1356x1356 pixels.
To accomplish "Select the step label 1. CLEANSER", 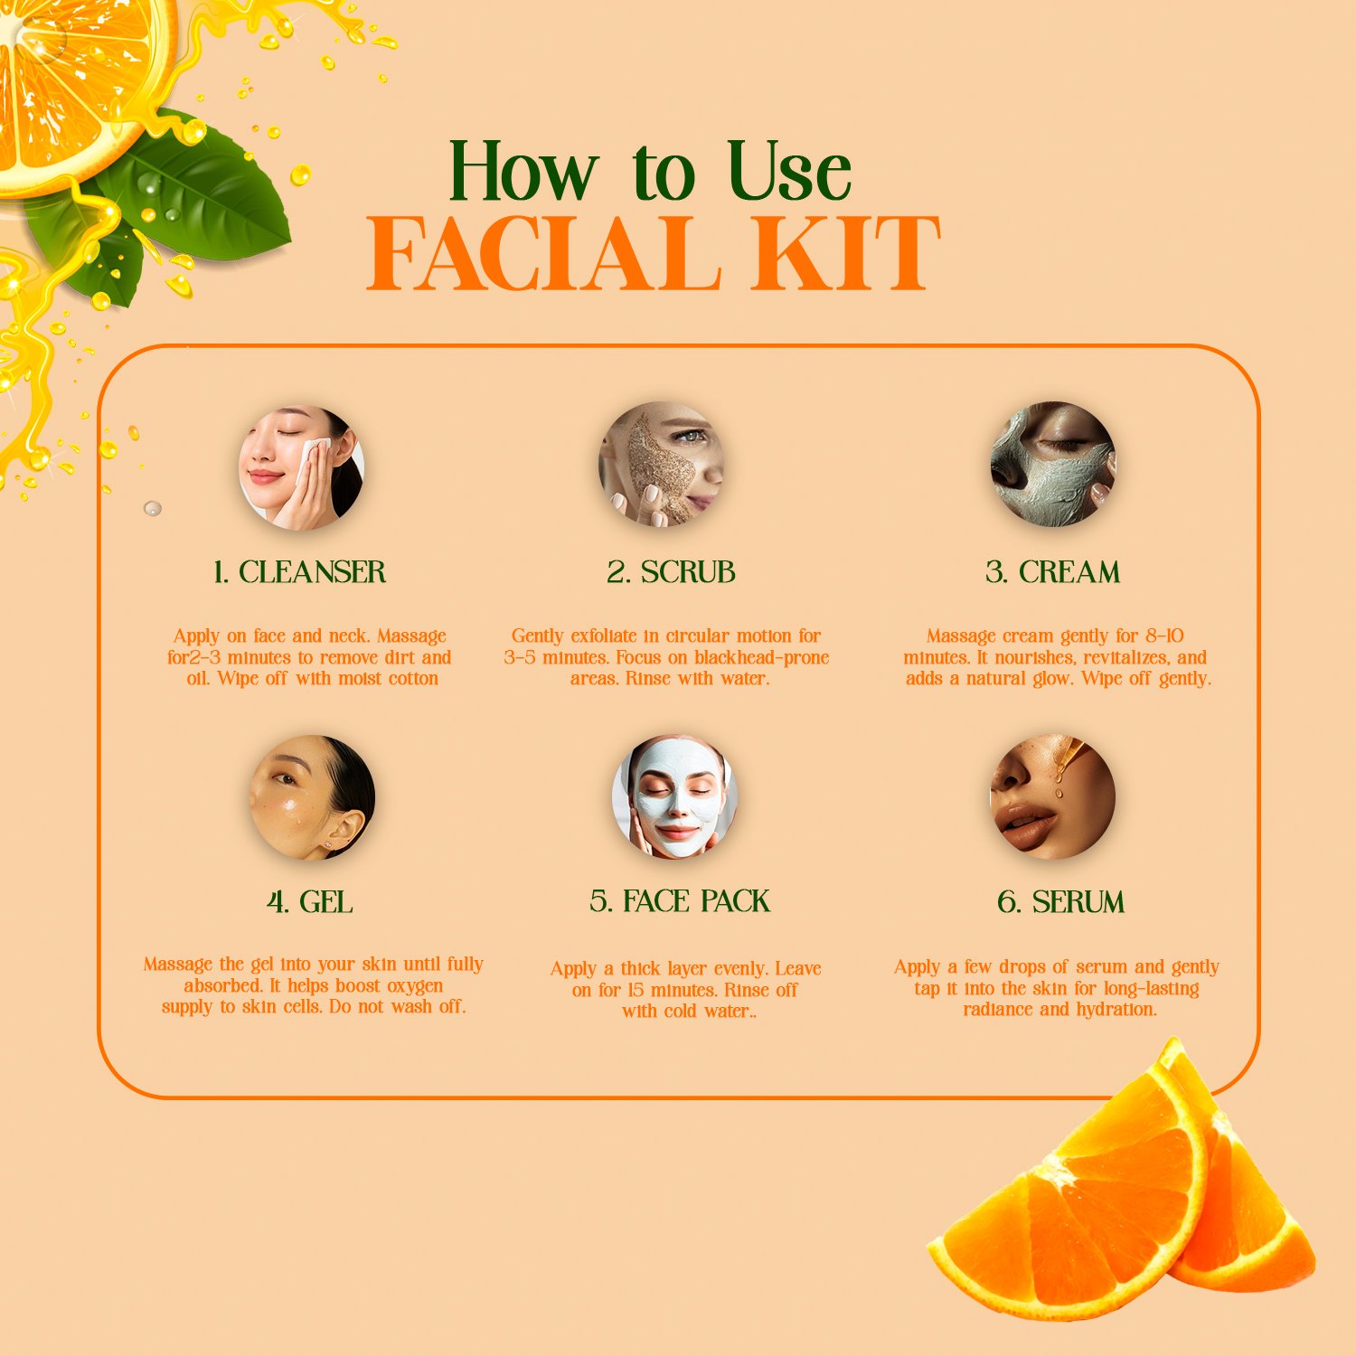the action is (299, 572).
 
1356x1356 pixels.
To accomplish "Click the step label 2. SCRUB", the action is (671, 572).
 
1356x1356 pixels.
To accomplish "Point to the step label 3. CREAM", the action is (1052, 572).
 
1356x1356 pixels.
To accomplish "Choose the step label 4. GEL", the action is (309, 902).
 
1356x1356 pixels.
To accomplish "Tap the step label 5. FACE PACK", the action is (680, 901).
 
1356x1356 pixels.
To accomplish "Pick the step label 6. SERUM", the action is (1060, 902).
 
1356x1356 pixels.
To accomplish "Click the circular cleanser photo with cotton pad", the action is (301, 467).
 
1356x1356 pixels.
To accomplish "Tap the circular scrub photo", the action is (662, 464).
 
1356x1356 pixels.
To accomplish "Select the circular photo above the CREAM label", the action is (1053, 464).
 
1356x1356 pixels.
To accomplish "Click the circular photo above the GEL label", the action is (312, 796).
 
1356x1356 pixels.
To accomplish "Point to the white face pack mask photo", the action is (674, 796).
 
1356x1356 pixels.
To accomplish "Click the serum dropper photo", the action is (1053, 796).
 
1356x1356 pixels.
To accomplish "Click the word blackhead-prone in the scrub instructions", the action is (761, 658).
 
